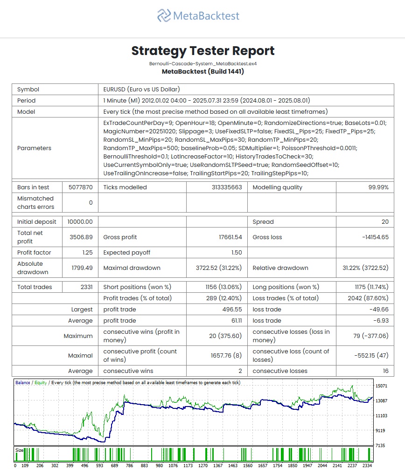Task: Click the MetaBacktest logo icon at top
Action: click(164, 16)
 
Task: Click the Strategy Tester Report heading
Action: click(202, 51)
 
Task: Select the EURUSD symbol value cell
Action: click(141, 90)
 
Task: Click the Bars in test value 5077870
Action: click(81, 187)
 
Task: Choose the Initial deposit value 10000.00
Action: click(80, 222)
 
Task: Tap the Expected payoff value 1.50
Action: click(237, 253)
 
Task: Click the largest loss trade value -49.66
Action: click(378, 310)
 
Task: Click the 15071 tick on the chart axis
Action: click(382, 386)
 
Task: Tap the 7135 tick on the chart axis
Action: click(382, 446)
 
